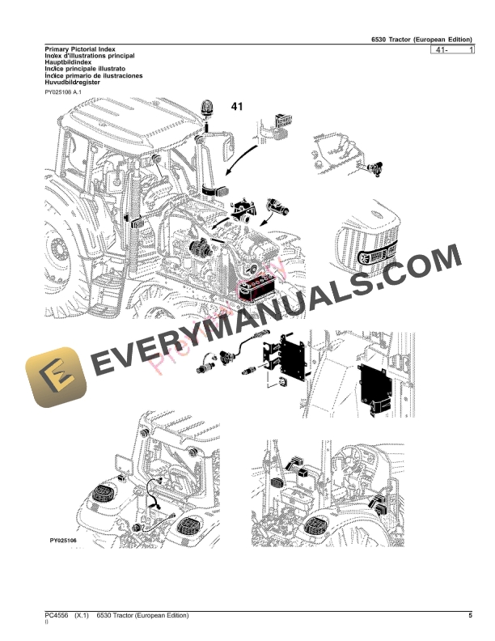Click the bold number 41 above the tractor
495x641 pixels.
(x=237, y=107)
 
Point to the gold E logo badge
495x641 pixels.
(x=53, y=378)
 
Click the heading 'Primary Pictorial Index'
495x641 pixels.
(x=80, y=50)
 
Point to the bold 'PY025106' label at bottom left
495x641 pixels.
(x=63, y=541)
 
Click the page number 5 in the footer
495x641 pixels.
(x=470, y=617)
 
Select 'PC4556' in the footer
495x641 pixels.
(x=58, y=617)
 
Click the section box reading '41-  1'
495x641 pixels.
(x=453, y=51)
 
